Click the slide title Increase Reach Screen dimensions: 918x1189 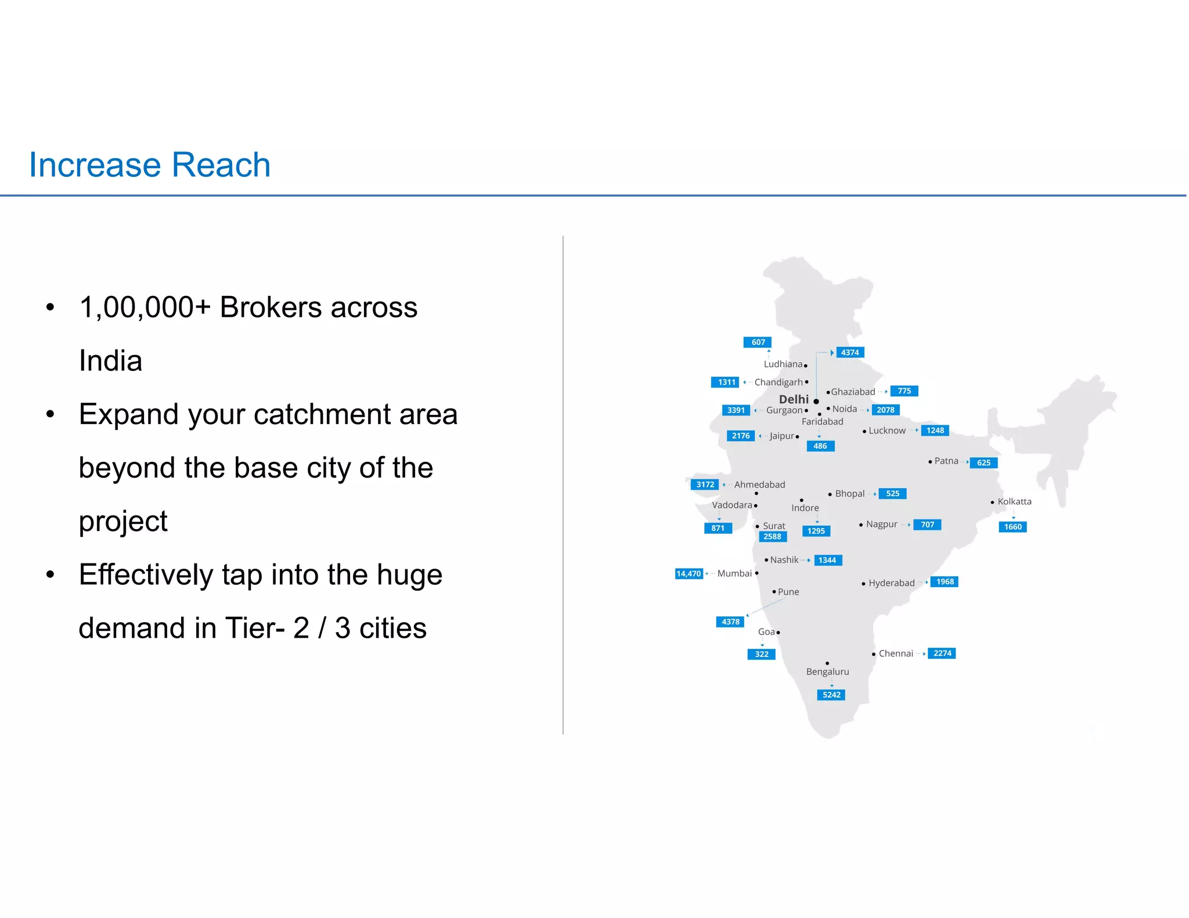click(150, 165)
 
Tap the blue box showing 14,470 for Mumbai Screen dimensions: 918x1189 click(689, 573)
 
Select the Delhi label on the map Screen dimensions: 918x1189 click(793, 399)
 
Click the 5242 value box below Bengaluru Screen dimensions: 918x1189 click(831, 695)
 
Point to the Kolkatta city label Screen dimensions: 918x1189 click(1014, 501)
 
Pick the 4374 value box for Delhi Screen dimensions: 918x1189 click(849, 352)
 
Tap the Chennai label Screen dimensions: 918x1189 click(895, 653)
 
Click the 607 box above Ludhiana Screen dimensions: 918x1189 click(758, 342)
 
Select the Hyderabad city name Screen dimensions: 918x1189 click(891, 583)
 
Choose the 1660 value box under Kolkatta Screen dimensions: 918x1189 click(1013, 527)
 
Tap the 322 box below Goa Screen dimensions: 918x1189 click(761, 654)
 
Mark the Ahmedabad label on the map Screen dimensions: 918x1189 click(759, 485)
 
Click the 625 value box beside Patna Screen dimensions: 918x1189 click(983, 462)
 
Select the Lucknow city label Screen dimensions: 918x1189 click(887, 431)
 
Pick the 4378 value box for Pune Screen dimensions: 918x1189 click(730, 621)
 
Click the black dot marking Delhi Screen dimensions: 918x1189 click(816, 401)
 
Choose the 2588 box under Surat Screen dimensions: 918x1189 click(772, 537)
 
